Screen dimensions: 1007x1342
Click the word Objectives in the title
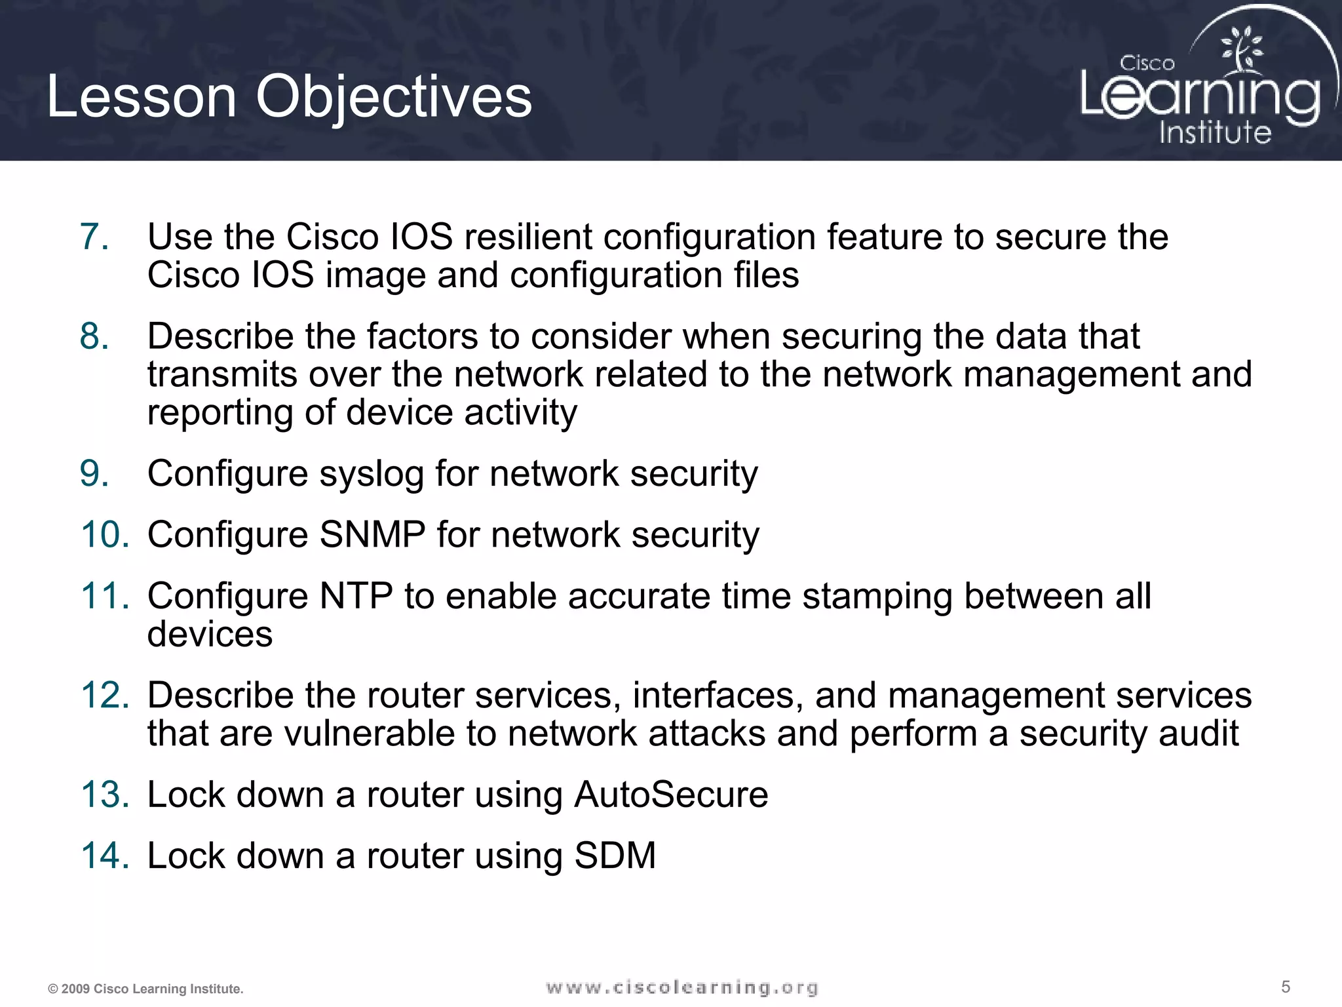[393, 97]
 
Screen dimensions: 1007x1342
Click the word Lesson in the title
[141, 97]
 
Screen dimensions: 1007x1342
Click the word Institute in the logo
[1215, 132]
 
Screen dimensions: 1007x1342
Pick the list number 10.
[105, 534]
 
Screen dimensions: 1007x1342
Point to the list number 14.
[105, 856]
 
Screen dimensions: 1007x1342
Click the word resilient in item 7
[527, 237]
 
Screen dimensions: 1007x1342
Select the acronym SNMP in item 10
[372, 534]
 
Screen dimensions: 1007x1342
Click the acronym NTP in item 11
[356, 596]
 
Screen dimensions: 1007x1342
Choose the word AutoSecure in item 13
[671, 795]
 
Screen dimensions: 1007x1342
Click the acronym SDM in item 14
[615, 856]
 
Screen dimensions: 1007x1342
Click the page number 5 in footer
[1286, 987]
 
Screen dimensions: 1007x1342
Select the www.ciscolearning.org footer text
[681, 987]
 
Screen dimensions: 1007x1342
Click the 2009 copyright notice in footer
[145, 989]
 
